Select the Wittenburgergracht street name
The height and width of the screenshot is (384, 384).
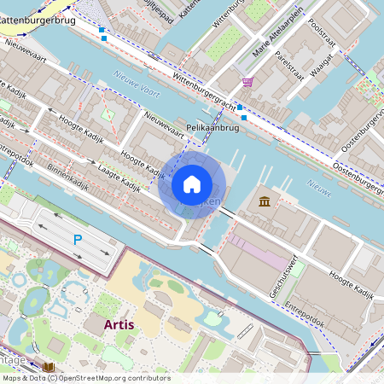click(204, 92)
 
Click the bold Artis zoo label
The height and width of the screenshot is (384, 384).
click(119, 324)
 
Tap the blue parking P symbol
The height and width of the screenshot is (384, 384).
click(77, 240)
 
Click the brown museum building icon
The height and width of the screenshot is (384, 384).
click(265, 201)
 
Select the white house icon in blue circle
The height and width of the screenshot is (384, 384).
click(192, 184)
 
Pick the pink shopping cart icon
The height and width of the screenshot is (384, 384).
click(247, 82)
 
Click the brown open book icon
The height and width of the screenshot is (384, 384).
click(49, 367)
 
